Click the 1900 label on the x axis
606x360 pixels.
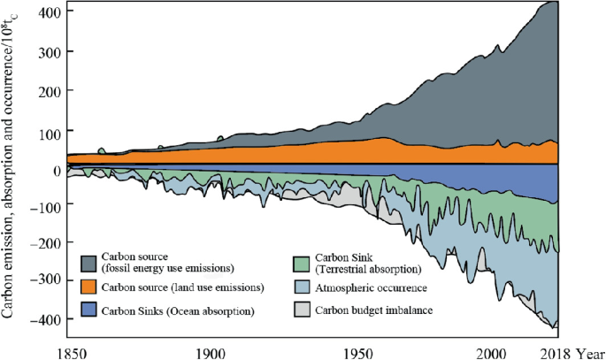[x=210, y=351]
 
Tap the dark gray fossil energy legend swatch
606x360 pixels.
[x=90, y=263]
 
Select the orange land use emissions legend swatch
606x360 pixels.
[x=90, y=288]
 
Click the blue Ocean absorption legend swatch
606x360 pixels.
[x=90, y=310]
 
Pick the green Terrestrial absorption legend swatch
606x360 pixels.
[x=303, y=263]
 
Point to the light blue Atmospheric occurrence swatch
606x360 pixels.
[x=303, y=288]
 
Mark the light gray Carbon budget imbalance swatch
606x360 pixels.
[x=303, y=310]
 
